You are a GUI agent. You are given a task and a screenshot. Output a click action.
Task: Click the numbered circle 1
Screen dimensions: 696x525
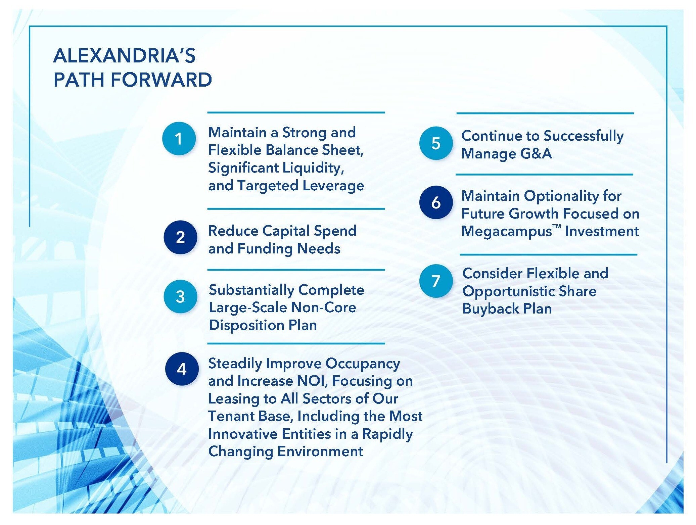tap(179, 138)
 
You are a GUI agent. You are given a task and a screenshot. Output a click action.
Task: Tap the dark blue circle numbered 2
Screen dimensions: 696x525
tap(180, 237)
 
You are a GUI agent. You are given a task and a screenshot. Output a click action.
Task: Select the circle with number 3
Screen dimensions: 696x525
tap(180, 296)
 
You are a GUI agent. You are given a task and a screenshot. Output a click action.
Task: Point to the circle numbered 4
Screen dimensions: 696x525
tap(182, 369)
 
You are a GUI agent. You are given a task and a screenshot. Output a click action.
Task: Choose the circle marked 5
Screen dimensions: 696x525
tap(436, 143)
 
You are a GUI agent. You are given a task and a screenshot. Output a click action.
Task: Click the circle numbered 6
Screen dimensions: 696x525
tap(436, 202)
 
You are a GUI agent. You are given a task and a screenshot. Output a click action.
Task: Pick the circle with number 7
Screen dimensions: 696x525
tap(436, 281)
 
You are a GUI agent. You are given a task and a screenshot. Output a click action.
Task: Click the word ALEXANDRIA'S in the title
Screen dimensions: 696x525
tap(124, 55)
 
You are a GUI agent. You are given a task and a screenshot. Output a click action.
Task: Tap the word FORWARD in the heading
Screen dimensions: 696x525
tap(161, 80)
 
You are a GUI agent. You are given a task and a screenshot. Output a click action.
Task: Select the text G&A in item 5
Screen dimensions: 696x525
tap(536, 153)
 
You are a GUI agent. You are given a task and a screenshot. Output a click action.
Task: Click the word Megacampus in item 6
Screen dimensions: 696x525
tap(507, 232)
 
